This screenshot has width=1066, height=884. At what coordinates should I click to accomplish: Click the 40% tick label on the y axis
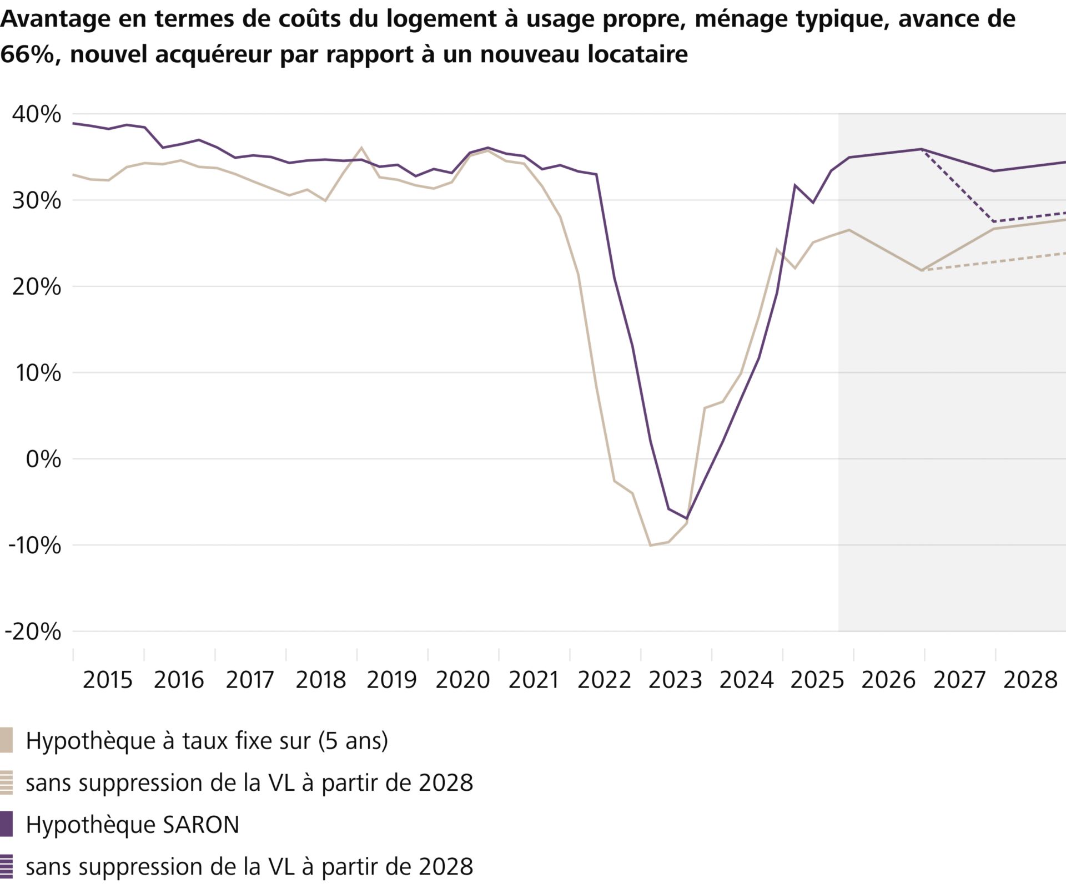[x=37, y=114]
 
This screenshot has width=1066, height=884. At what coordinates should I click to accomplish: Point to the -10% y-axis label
[x=34, y=545]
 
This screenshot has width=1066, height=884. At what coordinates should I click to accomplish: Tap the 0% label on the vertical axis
[x=43, y=459]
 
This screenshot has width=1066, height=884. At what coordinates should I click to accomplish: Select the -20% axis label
[x=33, y=632]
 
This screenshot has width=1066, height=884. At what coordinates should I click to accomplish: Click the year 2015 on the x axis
[x=108, y=680]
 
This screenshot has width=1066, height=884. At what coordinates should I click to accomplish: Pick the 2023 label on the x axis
[x=675, y=680]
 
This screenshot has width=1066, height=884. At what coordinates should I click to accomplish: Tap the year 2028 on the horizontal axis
[x=1030, y=680]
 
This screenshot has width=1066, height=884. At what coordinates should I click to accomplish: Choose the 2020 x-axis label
[x=462, y=680]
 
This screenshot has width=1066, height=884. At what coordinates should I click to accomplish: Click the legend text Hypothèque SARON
[x=132, y=825]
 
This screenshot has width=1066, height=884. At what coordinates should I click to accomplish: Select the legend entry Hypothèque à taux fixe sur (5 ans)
[x=207, y=741]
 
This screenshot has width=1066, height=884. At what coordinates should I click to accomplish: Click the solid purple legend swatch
[x=6, y=825]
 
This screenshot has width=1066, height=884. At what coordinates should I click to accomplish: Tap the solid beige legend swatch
[x=6, y=741]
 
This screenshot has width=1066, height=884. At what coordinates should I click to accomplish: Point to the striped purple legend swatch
[x=6, y=866]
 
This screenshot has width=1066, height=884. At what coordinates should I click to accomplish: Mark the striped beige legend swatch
[x=6, y=782]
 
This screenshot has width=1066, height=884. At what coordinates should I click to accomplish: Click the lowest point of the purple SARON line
[x=687, y=519]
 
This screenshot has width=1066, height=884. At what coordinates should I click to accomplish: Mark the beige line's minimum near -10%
[x=650, y=545]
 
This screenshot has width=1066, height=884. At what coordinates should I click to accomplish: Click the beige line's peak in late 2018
[x=361, y=148]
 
